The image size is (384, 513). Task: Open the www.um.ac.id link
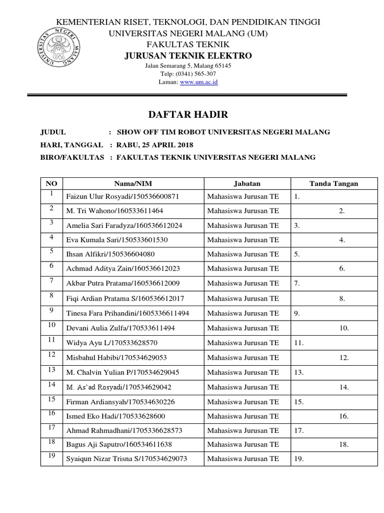[198, 82]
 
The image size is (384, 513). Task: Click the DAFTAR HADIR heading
[188, 115]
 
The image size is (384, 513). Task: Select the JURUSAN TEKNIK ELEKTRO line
[188, 55]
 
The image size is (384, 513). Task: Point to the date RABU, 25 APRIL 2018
[154, 145]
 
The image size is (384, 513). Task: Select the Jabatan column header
[246, 184]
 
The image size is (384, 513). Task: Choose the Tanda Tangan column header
[333, 184]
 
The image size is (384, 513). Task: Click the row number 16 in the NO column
[51, 413]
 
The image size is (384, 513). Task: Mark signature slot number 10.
[343, 328]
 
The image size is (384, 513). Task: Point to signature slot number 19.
[299, 458]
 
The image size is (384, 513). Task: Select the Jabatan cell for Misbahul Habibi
[243, 358]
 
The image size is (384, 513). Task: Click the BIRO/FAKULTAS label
[72, 157]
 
